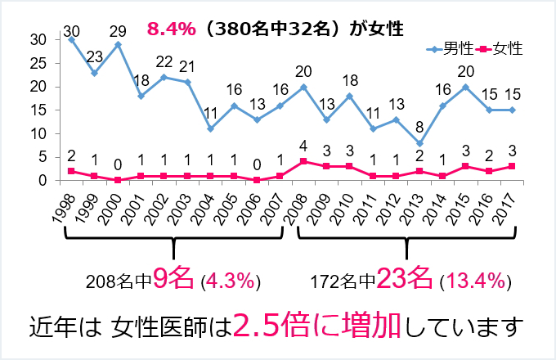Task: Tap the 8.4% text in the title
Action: (x=171, y=29)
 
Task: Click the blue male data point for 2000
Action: (x=118, y=44)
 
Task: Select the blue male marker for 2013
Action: (x=419, y=143)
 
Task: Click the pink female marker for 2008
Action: (x=303, y=161)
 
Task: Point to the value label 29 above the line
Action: (x=118, y=31)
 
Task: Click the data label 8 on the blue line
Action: (x=419, y=129)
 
